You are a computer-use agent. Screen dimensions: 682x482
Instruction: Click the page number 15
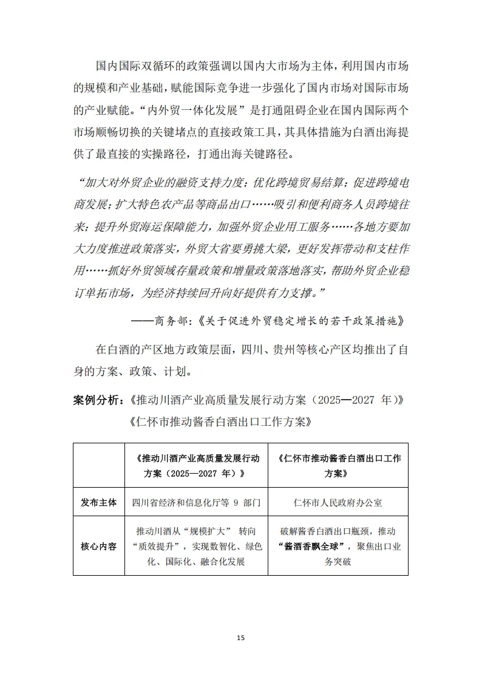240,638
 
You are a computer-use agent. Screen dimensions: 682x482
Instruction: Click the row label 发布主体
98,503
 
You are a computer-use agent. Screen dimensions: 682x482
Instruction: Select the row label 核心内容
98,546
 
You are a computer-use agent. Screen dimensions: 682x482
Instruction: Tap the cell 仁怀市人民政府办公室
338,503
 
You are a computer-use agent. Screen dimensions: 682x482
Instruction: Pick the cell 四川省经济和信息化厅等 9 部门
196,503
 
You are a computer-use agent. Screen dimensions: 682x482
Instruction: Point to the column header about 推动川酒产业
195,465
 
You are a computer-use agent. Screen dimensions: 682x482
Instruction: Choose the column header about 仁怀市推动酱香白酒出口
338,465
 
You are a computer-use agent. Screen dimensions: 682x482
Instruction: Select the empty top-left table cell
98,465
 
